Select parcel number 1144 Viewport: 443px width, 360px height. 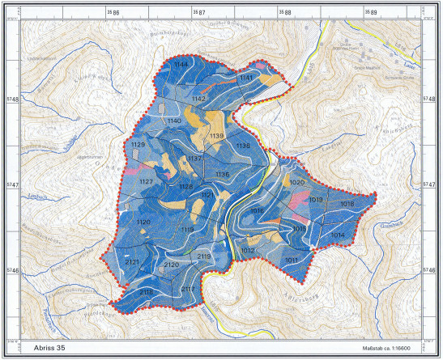tap(181, 64)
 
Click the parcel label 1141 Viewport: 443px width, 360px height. tap(247, 76)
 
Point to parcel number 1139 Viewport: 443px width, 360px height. tap(216, 137)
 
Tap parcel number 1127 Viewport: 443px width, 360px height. tap(146, 182)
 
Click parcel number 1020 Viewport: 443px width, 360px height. tap(296, 183)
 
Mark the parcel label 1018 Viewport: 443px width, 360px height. tap(347, 204)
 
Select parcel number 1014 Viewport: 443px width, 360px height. tap(338, 235)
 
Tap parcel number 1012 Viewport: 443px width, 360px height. tap(248, 251)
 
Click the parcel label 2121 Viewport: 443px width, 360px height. tap(133, 262)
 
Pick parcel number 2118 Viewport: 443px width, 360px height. tap(147, 291)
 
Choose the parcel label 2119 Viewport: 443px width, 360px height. tap(203, 256)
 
